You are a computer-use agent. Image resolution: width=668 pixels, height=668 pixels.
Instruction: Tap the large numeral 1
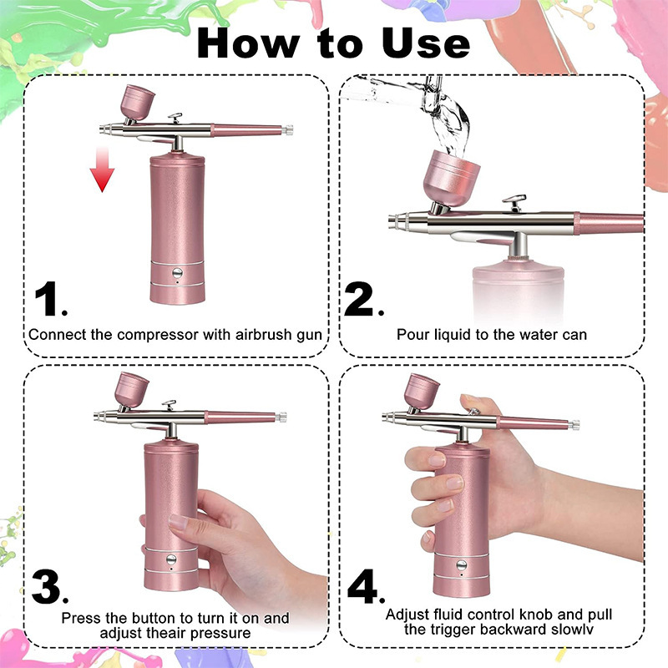point(50,300)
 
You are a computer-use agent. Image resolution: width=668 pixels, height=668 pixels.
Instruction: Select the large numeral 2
point(362,299)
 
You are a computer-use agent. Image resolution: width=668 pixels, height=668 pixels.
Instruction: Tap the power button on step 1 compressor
point(177,272)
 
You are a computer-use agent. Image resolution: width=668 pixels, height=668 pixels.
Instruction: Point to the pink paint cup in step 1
point(134,102)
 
